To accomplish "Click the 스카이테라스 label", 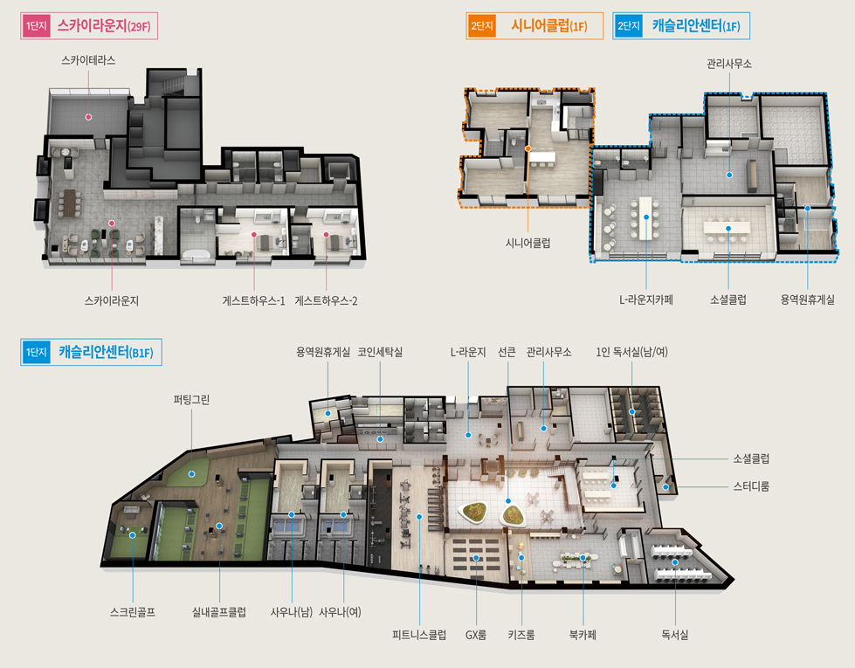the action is click(x=88, y=60).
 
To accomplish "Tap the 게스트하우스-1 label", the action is click(x=253, y=300).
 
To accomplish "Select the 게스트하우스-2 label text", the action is click(x=326, y=300).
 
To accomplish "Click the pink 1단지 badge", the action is click(x=36, y=25).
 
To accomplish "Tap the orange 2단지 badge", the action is click(x=481, y=25).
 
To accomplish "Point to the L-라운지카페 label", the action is click(x=646, y=300).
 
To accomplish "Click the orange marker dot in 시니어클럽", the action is click(x=527, y=148).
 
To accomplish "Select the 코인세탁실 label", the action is click(x=380, y=352).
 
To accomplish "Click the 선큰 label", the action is click(x=507, y=352).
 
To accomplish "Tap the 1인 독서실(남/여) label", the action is click(x=632, y=352).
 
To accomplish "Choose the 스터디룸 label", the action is click(x=751, y=486).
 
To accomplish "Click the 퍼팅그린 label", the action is click(x=191, y=400).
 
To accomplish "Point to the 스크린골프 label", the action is click(x=133, y=612).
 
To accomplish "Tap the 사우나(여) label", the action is click(x=340, y=612).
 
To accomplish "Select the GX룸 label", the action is click(x=476, y=635).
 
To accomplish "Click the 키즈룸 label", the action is click(x=521, y=635).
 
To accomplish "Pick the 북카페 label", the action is click(x=583, y=635).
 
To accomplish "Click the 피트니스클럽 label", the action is click(x=419, y=635).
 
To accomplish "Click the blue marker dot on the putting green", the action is click(x=191, y=474).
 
